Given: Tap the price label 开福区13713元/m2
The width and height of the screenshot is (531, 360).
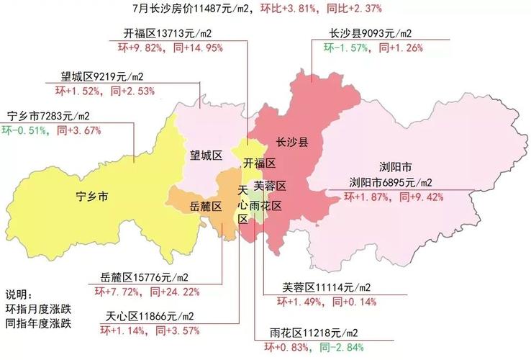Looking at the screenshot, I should pyautogui.click(x=167, y=35).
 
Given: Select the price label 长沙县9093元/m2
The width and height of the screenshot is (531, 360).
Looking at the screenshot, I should pyautogui.click(x=371, y=35).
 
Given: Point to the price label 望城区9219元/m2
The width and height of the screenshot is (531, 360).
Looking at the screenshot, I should pyautogui.click(x=103, y=76).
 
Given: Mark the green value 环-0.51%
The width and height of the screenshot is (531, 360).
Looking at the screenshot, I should pyautogui.click(x=24, y=130).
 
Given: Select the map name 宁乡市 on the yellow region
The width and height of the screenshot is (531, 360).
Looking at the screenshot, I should pyautogui.click(x=93, y=196).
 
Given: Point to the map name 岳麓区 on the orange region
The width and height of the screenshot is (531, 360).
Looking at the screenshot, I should pyautogui.click(x=205, y=206).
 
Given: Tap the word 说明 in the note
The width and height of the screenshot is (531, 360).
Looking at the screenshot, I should pyautogui.click(x=19, y=295).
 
